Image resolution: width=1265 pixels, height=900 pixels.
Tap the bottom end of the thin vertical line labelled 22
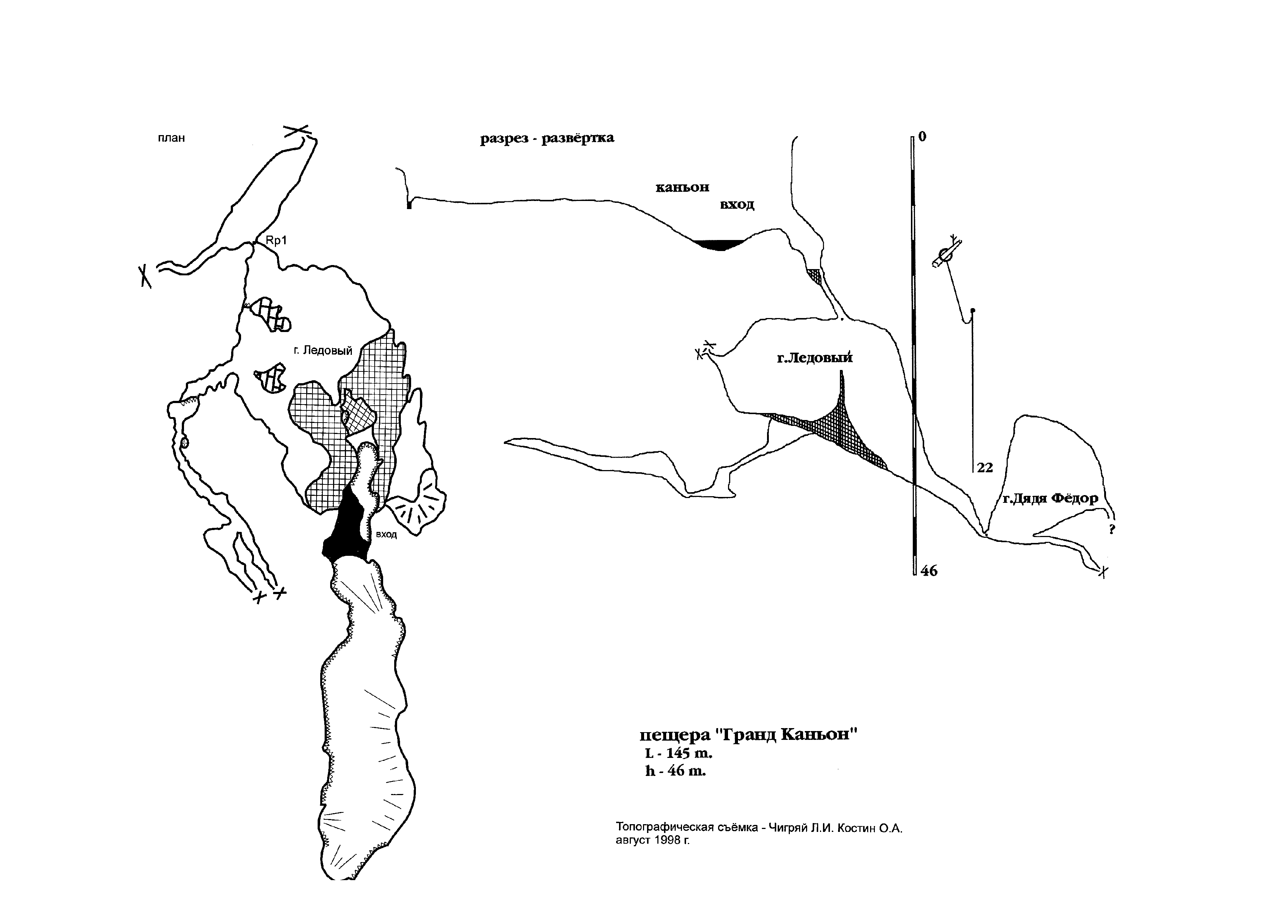974,472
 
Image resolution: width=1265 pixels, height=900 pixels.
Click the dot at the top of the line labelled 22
974,310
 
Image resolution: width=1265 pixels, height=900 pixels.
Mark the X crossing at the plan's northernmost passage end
296,130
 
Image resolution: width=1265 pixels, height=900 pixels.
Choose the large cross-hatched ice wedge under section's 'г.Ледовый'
831,427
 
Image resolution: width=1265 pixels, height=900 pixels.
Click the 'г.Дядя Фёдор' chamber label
1050,498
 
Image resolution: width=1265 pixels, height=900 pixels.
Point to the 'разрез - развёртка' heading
547,138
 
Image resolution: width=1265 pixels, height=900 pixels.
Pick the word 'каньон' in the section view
683,187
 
